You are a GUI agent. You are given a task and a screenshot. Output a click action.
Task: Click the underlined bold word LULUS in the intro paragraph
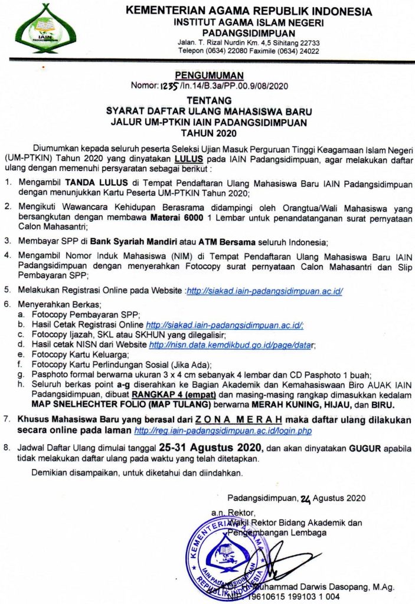click(188, 159)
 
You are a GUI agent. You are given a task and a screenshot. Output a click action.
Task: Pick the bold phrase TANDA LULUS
click(93, 183)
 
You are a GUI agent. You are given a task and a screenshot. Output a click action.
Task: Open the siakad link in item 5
click(265, 291)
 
